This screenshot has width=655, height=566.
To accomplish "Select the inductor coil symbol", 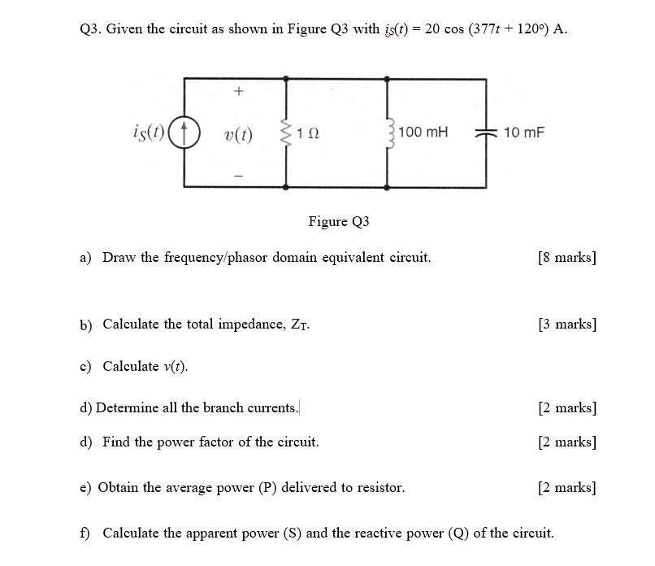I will point(388,132).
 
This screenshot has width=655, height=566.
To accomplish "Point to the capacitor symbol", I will point(486,133).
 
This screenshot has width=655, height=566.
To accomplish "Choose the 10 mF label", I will point(523,132).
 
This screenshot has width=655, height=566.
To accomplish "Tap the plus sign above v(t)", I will point(238,92).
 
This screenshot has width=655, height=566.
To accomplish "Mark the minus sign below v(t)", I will point(238,175).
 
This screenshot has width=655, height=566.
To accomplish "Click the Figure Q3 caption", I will point(339,221).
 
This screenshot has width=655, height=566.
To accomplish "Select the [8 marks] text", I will point(566,258).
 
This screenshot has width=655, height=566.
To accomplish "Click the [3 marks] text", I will point(566,324).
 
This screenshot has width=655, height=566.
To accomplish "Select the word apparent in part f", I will point(247,533).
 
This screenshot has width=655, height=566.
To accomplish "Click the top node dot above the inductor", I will point(387,79).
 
